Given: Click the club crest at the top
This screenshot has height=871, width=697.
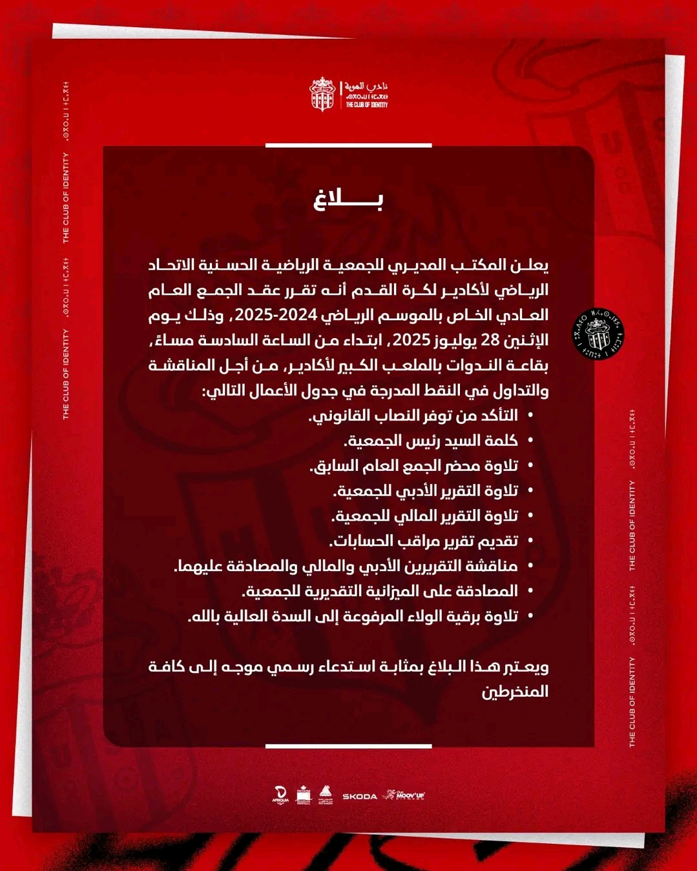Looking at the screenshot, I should tap(322, 94).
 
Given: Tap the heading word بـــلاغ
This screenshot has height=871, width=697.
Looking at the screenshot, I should tap(348, 201).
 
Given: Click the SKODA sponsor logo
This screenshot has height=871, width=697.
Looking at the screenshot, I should tap(360, 797).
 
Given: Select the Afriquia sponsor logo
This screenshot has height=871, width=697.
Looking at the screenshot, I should tap(280, 795).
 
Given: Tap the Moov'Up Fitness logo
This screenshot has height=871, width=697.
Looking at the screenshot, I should tap(404, 795).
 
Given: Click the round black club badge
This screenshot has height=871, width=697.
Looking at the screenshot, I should tap(598, 334).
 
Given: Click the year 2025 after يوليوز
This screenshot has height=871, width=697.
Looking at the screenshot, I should tap(411, 341).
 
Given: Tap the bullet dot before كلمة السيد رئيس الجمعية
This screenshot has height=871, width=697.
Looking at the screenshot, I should tap(531, 441).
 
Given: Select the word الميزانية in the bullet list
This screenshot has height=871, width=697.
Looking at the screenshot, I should tap(386, 592).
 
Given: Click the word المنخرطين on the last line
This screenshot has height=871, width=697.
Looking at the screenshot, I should tap(515, 692).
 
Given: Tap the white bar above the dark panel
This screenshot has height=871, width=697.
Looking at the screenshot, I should tap(348, 146).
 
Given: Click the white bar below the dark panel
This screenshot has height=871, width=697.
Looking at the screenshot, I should tap(348, 746).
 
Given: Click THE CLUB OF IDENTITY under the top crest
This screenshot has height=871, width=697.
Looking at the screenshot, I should tap(367, 105).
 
